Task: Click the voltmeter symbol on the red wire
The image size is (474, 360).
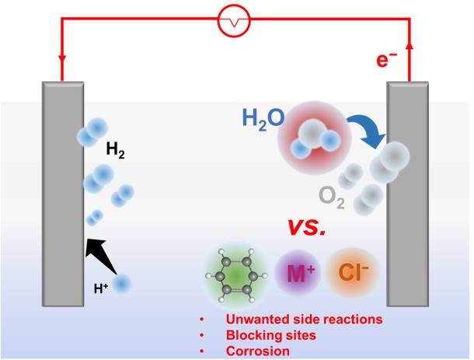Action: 233,25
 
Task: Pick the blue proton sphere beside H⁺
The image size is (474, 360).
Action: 123,285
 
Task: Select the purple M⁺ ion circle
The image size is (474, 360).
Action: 298,274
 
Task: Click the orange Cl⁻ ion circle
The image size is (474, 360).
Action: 353,274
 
